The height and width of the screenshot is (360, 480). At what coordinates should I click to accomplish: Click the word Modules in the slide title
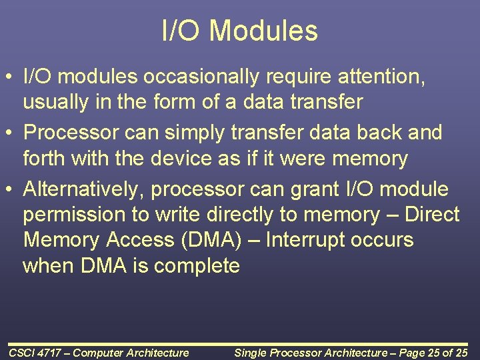[263, 30]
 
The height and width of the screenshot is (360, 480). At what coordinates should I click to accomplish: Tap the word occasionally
[201, 77]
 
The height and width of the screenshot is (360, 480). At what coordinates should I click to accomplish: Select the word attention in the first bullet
[381, 77]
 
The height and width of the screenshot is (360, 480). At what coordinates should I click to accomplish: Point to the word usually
[56, 102]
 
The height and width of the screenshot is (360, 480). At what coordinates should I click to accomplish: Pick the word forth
[44, 158]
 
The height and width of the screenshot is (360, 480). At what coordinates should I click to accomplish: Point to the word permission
[74, 215]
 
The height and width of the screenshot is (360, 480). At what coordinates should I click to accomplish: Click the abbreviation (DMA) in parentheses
[211, 240]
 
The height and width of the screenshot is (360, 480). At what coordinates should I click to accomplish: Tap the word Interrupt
[305, 240]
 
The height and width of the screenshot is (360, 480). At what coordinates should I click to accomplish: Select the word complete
[197, 266]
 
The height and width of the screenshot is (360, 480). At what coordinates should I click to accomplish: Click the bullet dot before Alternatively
[9, 189]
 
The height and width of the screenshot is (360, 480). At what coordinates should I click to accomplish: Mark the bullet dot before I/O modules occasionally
[9, 76]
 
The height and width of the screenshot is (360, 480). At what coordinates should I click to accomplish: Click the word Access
[140, 240]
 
